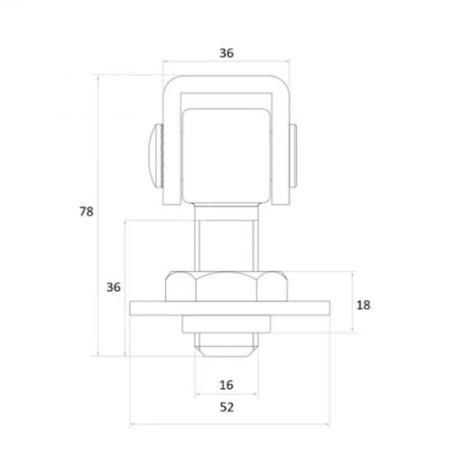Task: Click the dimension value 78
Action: [x=87, y=212]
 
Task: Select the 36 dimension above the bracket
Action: [x=226, y=53]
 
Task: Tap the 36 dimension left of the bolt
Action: [x=114, y=287]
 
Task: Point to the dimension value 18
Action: [x=363, y=305]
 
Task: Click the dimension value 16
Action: [x=226, y=385]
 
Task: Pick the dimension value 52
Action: [x=226, y=407]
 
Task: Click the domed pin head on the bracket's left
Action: [x=156, y=156]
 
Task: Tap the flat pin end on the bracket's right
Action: [x=293, y=156]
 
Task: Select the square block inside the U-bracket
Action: [x=226, y=156]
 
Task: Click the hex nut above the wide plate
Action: [x=226, y=287]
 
